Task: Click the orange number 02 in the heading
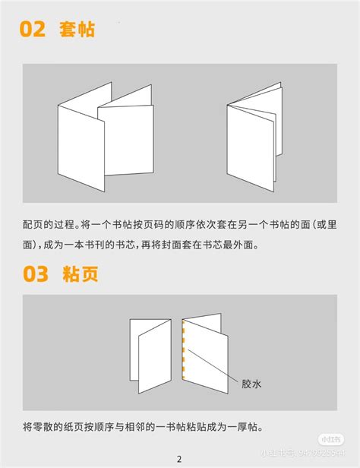(33, 30)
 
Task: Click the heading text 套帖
(79, 30)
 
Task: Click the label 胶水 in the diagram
(251, 384)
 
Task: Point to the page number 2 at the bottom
(179, 458)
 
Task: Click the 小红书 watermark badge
(330, 439)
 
